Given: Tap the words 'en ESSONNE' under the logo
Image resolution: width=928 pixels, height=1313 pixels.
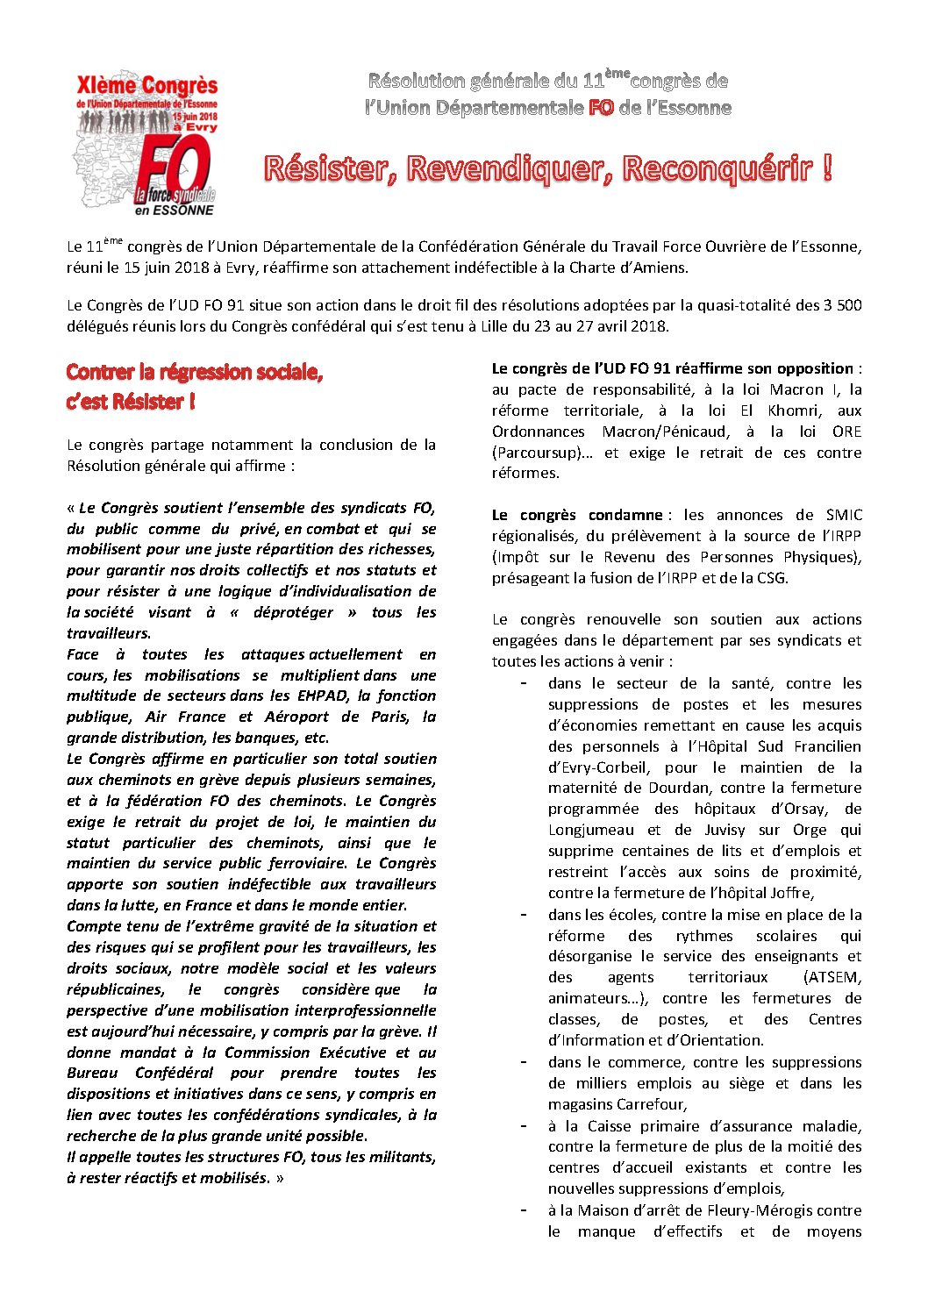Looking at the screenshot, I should (x=175, y=211).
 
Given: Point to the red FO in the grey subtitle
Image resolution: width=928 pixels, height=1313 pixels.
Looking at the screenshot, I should (x=601, y=108).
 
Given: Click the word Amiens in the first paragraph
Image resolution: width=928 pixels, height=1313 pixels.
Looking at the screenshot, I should (x=659, y=268).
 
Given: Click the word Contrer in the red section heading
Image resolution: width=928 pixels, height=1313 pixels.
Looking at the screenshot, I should (x=101, y=372).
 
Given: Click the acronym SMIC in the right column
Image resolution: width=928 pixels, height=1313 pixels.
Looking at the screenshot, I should (x=844, y=515).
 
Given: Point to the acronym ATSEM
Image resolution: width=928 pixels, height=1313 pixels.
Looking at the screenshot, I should (x=832, y=977).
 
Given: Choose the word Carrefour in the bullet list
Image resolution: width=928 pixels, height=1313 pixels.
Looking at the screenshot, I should (x=651, y=1104).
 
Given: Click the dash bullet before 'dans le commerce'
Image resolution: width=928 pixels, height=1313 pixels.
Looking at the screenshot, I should (x=524, y=1062).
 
